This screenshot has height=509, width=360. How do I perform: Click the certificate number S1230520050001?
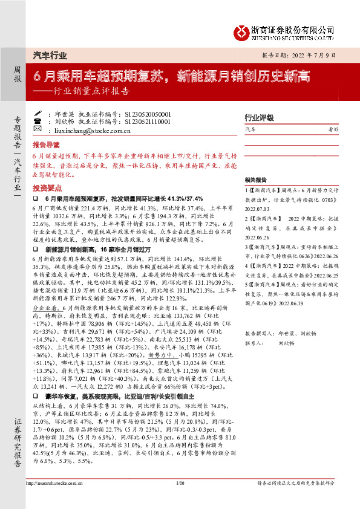coord(148,113)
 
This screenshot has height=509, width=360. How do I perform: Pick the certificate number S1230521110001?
coord(148,122)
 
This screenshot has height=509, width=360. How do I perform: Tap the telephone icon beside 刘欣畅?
coord(39,122)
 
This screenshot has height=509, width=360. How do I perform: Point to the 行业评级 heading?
coord(259,118)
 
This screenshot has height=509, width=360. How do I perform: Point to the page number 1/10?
coord(180,501)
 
